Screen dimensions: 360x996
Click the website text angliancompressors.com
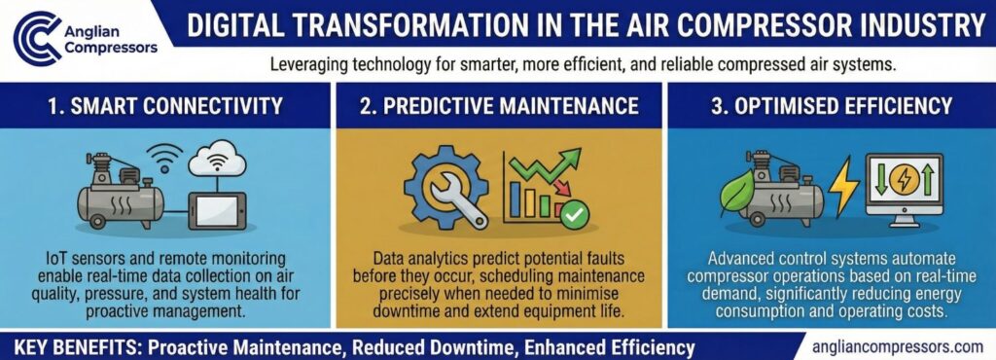tap(895, 345)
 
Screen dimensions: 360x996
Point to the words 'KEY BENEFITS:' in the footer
tap(68, 346)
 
